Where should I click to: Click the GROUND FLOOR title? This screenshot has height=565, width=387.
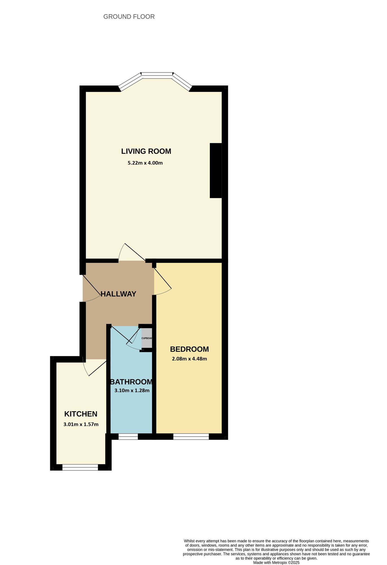129,17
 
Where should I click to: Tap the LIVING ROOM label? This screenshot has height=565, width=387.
146,151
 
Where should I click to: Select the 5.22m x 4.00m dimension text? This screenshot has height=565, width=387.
145,163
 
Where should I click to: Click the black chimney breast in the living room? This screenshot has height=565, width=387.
216,171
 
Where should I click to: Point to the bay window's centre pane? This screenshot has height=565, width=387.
157,74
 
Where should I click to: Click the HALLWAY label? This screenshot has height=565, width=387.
118,294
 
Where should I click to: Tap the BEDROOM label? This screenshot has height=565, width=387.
190,349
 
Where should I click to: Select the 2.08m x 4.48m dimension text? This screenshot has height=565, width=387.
190,359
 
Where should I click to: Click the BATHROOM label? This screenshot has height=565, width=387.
131,382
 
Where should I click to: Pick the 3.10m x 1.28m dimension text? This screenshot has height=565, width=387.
132,391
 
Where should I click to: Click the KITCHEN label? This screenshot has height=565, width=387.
81,414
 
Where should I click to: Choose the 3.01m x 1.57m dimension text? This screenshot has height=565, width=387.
81,424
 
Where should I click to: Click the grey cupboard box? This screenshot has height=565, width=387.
147,338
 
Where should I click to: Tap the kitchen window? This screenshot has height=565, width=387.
80,468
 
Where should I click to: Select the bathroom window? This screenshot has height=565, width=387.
128,437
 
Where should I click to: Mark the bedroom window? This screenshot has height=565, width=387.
191,437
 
